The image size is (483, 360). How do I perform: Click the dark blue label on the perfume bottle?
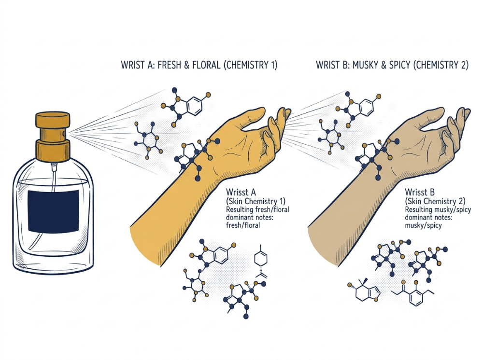tap(53, 211)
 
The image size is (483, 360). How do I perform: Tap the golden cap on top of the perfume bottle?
tap(53, 120)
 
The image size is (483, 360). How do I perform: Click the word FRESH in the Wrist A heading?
tap(169, 65)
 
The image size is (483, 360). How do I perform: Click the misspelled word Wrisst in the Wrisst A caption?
tap(237, 193)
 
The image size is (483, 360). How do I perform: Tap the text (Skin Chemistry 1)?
tap(256, 202)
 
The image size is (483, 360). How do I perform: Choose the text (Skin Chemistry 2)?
tap(435, 202)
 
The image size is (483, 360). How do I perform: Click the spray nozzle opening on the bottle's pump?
tap(64, 133)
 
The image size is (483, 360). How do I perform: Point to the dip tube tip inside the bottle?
tap(30, 248)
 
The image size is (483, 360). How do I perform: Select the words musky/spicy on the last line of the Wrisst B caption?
tap(423, 225)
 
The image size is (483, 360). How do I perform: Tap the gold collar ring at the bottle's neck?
tap(53, 150)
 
